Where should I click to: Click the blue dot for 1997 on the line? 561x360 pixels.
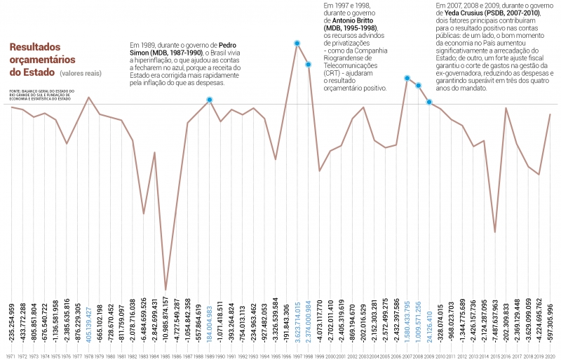coord(297,44)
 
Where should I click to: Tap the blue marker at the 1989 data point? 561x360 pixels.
coord(210,100)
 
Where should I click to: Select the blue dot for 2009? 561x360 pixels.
coord(429,102)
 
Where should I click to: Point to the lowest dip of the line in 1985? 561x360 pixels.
coord(165,289)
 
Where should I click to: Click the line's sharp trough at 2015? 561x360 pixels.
coord(495,232)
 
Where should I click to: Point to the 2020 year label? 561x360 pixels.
coord(550,356)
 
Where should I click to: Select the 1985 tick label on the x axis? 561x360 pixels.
coord(165,356)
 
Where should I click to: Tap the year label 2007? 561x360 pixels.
coord(407,356)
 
